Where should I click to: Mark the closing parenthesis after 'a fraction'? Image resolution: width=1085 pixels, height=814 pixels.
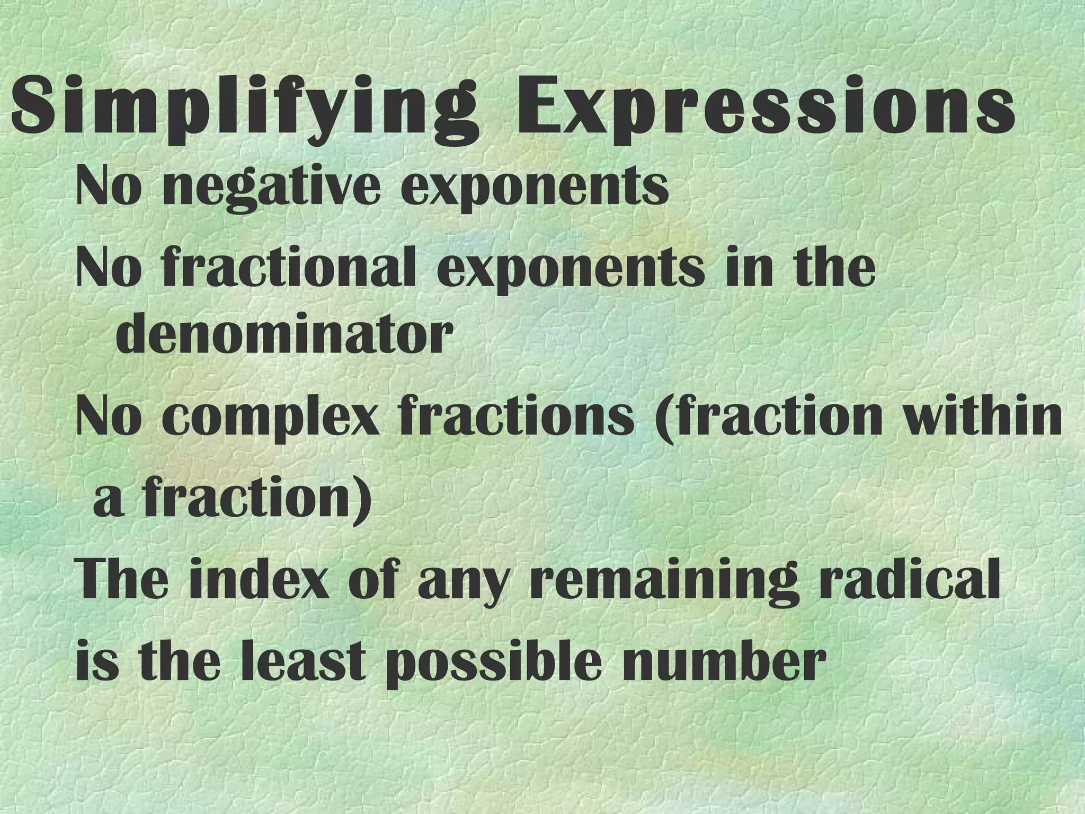click(362, 501)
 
